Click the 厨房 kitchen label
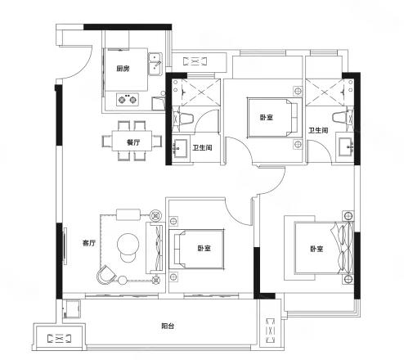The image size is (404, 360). [x=123, y=69]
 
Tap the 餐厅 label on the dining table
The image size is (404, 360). [x=133, y=142]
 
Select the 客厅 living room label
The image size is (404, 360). [x=89, y=243]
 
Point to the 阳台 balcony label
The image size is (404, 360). [x=168, y=326]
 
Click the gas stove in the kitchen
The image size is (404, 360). [x=128, y=99]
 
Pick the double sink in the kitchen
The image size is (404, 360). [x=155, y=64]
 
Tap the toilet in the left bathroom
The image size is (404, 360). [x=183, y=119]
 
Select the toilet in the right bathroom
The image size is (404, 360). [x=343, y=118]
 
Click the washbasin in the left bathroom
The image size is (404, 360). [x=180, y=148]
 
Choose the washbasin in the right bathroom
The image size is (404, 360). [x=346, y=146]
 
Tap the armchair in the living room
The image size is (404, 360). [x=106, y=274]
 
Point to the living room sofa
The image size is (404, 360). [x=155, y=248]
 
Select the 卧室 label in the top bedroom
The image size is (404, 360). [x=267, y=118]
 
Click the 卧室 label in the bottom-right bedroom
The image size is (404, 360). [x=316, y=249]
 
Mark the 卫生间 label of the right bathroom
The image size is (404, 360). [x=318, y=130]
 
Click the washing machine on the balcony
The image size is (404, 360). [x=72, y=309]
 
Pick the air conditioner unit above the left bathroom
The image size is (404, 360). [x=195, y=61]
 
